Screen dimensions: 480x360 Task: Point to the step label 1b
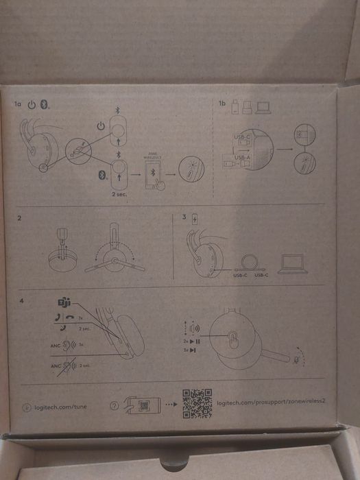pos(221,104)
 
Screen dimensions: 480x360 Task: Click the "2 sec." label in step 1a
pos(121,193)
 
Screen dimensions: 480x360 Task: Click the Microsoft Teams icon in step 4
pos(64,303)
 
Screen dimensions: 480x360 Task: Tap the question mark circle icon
pos(115,406)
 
